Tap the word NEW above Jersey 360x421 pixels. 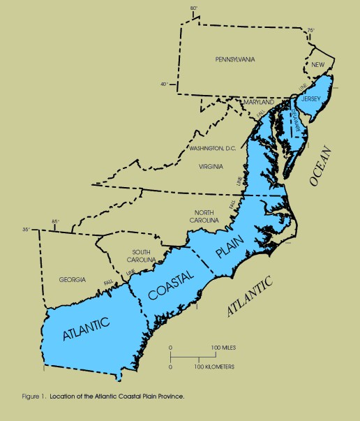pos(319,65)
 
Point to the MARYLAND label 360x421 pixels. pos(259,102)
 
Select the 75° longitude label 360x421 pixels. pos(310,30)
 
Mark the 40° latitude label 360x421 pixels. pos(165,84)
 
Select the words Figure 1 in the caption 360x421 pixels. pos(31,396)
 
